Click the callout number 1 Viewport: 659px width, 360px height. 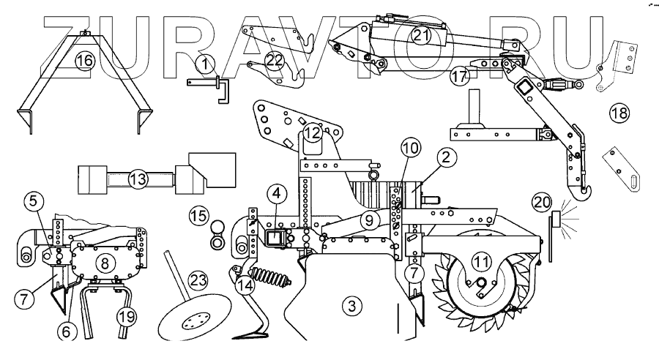[206, 64]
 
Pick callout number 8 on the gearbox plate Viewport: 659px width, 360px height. [105, 261]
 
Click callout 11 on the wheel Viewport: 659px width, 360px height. [480, 260]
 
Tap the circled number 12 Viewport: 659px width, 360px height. [313, 132]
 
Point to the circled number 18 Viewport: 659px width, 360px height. [619, 113]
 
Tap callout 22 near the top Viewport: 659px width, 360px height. [274, 63]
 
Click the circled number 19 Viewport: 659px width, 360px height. [125, 317]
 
